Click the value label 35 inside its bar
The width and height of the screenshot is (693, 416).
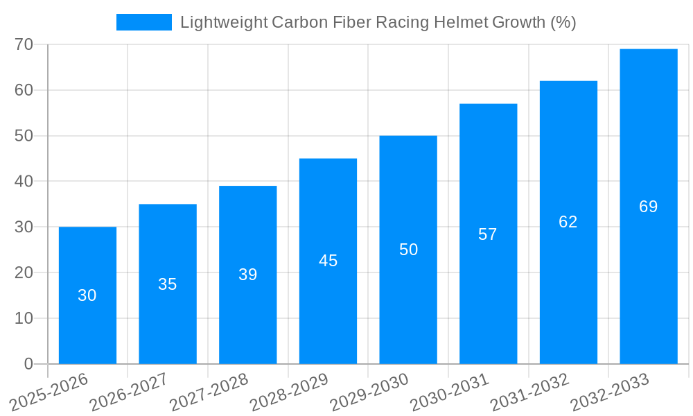tap(167, 284)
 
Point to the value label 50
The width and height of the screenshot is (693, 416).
tap(408, 250)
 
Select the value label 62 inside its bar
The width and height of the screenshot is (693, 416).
tap(568, 222)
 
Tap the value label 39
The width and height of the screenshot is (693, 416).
tap(247, 275)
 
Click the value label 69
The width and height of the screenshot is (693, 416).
tap(648, 207)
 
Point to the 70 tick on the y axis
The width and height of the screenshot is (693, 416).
tap(24, 44)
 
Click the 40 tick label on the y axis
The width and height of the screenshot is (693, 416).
tap(24, 181)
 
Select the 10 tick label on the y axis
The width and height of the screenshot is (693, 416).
tap(24, 318)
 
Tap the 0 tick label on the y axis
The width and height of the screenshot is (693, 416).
tap(28, 364)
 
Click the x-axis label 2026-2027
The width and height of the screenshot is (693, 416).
tap(128, 392)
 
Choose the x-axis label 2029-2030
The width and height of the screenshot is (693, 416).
tap(369, 392)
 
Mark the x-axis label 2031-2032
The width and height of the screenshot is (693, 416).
tap(529, 392)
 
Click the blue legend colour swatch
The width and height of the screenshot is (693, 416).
tap(143, 22)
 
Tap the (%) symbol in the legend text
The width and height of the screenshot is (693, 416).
tap(563, 22)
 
